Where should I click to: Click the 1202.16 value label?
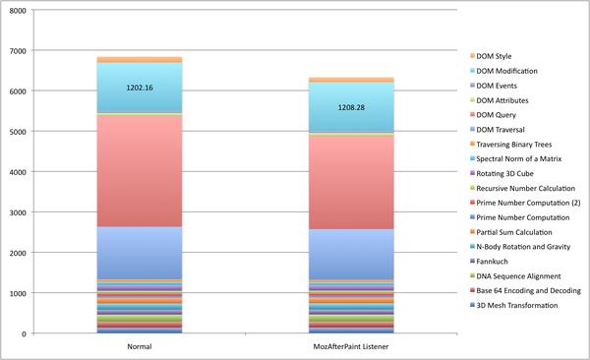pyautogui.click(x=141, y=88)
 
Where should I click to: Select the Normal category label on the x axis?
pyautogui.click(x=141, y=346)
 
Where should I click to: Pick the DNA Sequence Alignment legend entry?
pyautogui.click(x=520, y=276)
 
